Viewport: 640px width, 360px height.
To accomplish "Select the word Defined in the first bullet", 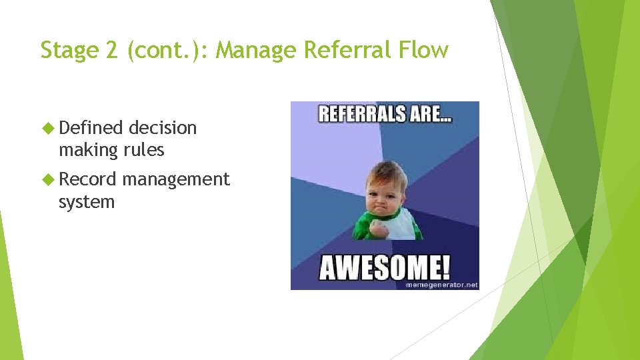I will (91, 127).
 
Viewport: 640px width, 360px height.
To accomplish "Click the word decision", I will (163, 127).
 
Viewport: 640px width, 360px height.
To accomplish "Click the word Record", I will (87, 179).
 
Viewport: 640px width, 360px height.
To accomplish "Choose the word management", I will (176, 179).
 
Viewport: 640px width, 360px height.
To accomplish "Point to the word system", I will (87, 201).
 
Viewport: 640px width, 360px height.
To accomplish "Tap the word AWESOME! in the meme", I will (385, 268).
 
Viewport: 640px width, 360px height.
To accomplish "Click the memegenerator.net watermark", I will (442, 285).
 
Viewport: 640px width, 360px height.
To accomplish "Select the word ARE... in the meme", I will (430, 114).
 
